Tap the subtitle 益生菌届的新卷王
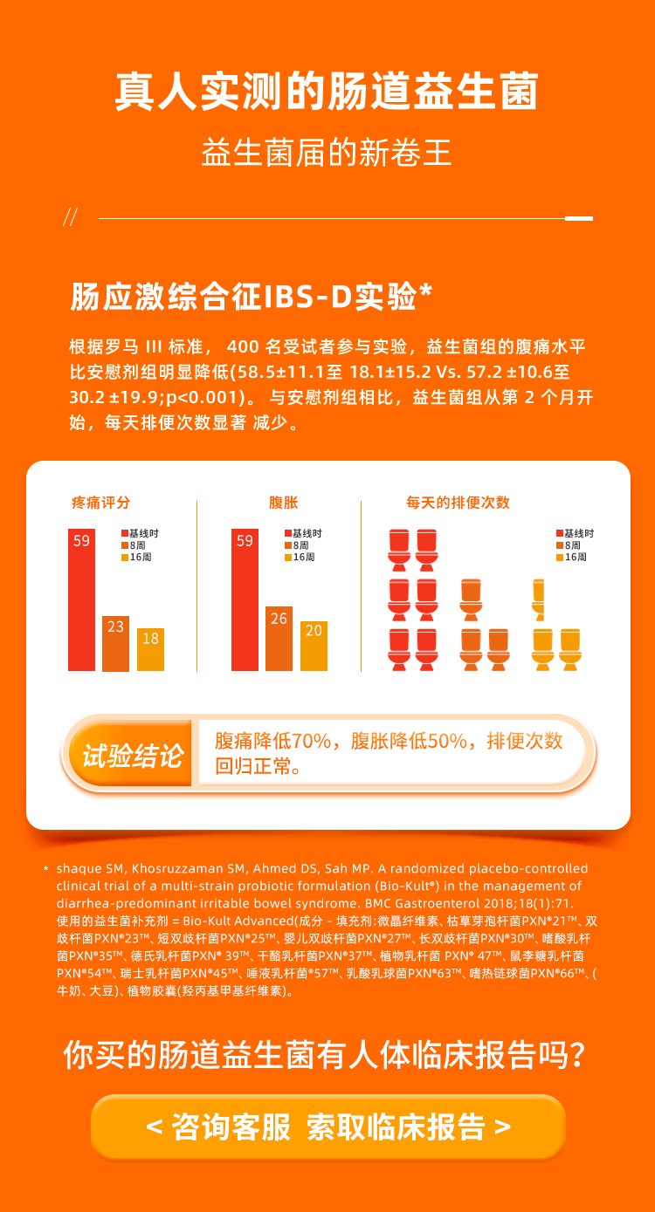coord(327,154)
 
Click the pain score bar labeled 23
coord(115,643)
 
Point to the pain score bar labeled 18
coord(150,649)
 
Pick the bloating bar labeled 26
coord(279,638)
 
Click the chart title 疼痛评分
coord(101,503)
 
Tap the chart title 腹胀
coord(284,503)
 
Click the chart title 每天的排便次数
coord(458,503)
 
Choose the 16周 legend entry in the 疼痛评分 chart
coord(135,557)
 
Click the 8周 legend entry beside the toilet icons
coord(572,545)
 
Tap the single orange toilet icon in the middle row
coord(472,598)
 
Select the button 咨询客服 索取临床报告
coord(328,1126)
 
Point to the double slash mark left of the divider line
coord(71,217)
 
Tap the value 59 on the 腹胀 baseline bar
coord(245,541)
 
